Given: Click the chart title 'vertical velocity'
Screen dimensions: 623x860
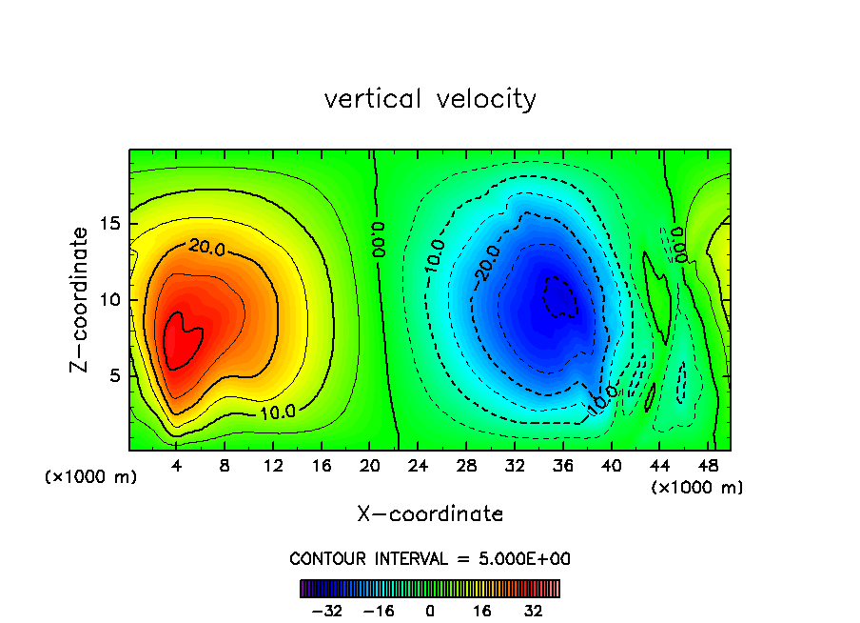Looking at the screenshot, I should pyautogui.click(x=430, y=99).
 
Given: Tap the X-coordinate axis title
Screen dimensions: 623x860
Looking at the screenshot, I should pyautogui.click(x=430, y=514).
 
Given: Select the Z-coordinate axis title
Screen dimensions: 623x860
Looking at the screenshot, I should pyautogui.click(x=81, y=299).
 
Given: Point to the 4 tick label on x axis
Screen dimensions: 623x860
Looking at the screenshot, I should pyautogui.click(x=177, y=467).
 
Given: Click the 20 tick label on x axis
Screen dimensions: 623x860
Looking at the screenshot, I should pyautogui.click(x=370, y=467).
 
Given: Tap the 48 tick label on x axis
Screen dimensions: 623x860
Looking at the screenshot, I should pyautogui.click(x=707, y=467).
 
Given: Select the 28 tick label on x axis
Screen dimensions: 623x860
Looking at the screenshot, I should pyautogui.click(x=466, y=467).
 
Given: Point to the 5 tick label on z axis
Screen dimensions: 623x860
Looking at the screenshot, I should pyautogui.click(x=116, y=375).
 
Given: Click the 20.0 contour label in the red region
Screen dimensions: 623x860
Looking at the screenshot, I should pyautogui.click(x=207, y=247).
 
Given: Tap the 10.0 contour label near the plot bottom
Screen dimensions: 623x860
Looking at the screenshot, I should pyautogui.click(x=278, y=412).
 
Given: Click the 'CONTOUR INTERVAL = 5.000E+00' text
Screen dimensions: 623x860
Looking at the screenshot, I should pyautogui.click(x=430, y=559).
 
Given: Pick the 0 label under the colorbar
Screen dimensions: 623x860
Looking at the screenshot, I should pyautogui.click(x=430, y=611).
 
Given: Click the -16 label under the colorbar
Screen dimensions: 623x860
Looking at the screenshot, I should pyautogui.click(x=379, y=611).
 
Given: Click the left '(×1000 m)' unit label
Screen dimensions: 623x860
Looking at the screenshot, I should pyautogui.click(x=91, y=477).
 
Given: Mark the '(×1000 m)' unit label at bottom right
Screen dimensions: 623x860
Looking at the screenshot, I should pyautogui.click(x=697, y=488).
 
